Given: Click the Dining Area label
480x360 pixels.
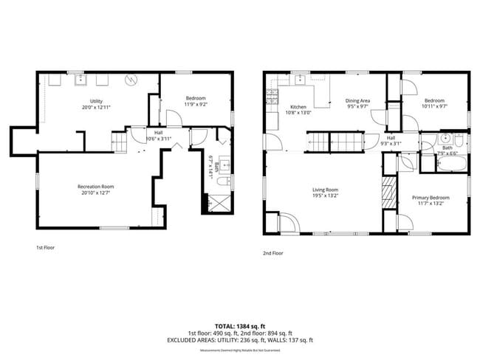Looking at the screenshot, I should tap(357, 103).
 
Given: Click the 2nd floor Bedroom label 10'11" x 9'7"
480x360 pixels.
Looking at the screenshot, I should tap(434, 103).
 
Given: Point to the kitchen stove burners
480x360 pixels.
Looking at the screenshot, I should tap(271, 95).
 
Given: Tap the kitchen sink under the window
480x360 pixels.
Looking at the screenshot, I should tap(301, 80).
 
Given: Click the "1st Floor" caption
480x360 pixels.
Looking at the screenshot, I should tap(45, 248).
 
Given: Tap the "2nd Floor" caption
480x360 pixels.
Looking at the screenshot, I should tap(273, 252).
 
